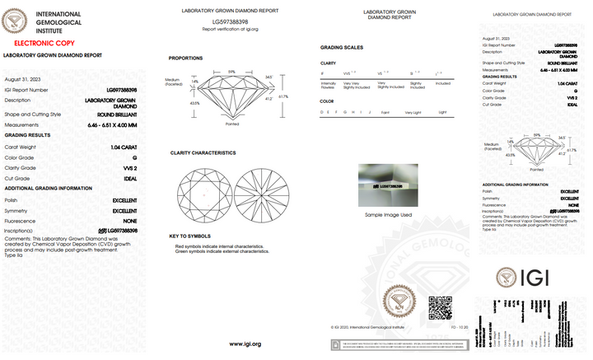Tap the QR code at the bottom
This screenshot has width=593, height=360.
pos(439,306)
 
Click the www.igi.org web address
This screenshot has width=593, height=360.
pos(245,344)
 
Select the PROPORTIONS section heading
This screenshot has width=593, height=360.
pos(185,58)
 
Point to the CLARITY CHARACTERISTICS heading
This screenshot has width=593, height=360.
pos(203,152)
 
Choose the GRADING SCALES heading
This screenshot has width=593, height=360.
pos(341,48)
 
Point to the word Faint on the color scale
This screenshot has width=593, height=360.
pos(385,111)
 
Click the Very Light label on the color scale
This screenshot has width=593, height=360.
pos(413,111)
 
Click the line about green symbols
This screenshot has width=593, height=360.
pos(222,251)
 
